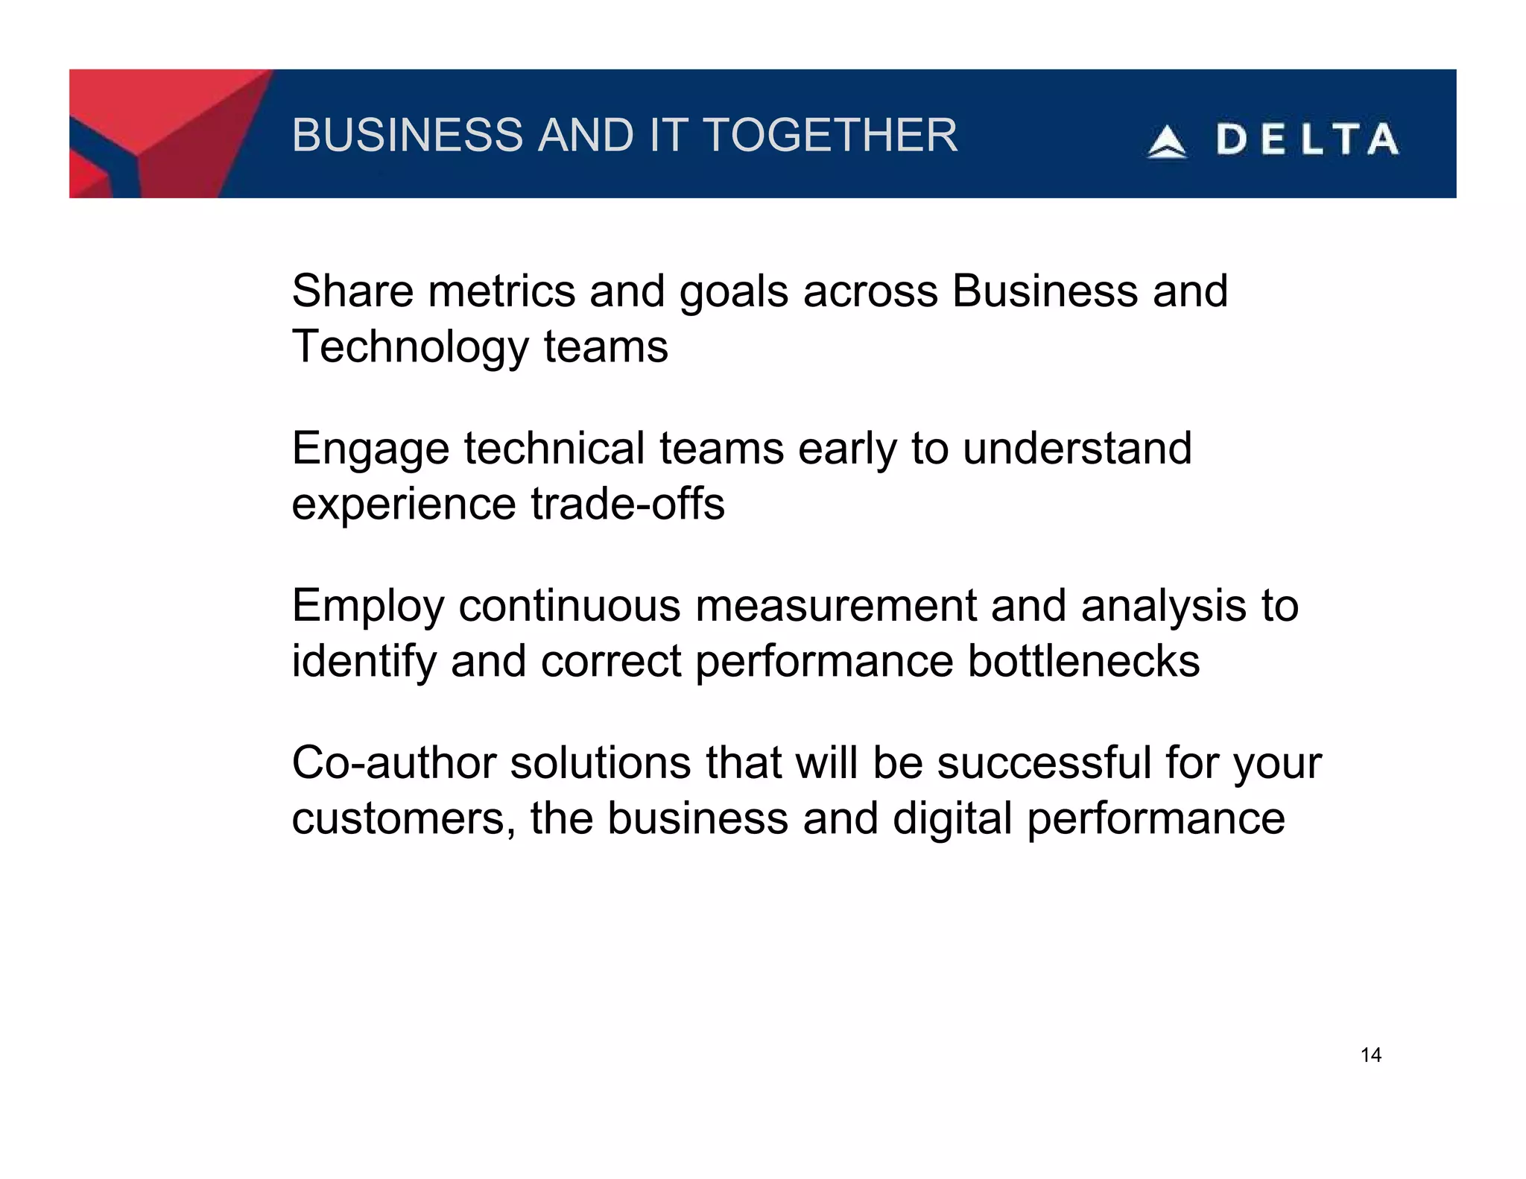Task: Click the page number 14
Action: pos(1370,1055)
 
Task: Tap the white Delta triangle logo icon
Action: pos(1166,142)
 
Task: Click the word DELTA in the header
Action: pos(1308,140)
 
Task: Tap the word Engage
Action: pos(370,449)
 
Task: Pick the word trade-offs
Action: pos(627,504)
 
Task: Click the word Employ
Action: pos(368,606)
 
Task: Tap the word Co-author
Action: pos(393,763)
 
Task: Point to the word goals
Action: pos(733,292)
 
